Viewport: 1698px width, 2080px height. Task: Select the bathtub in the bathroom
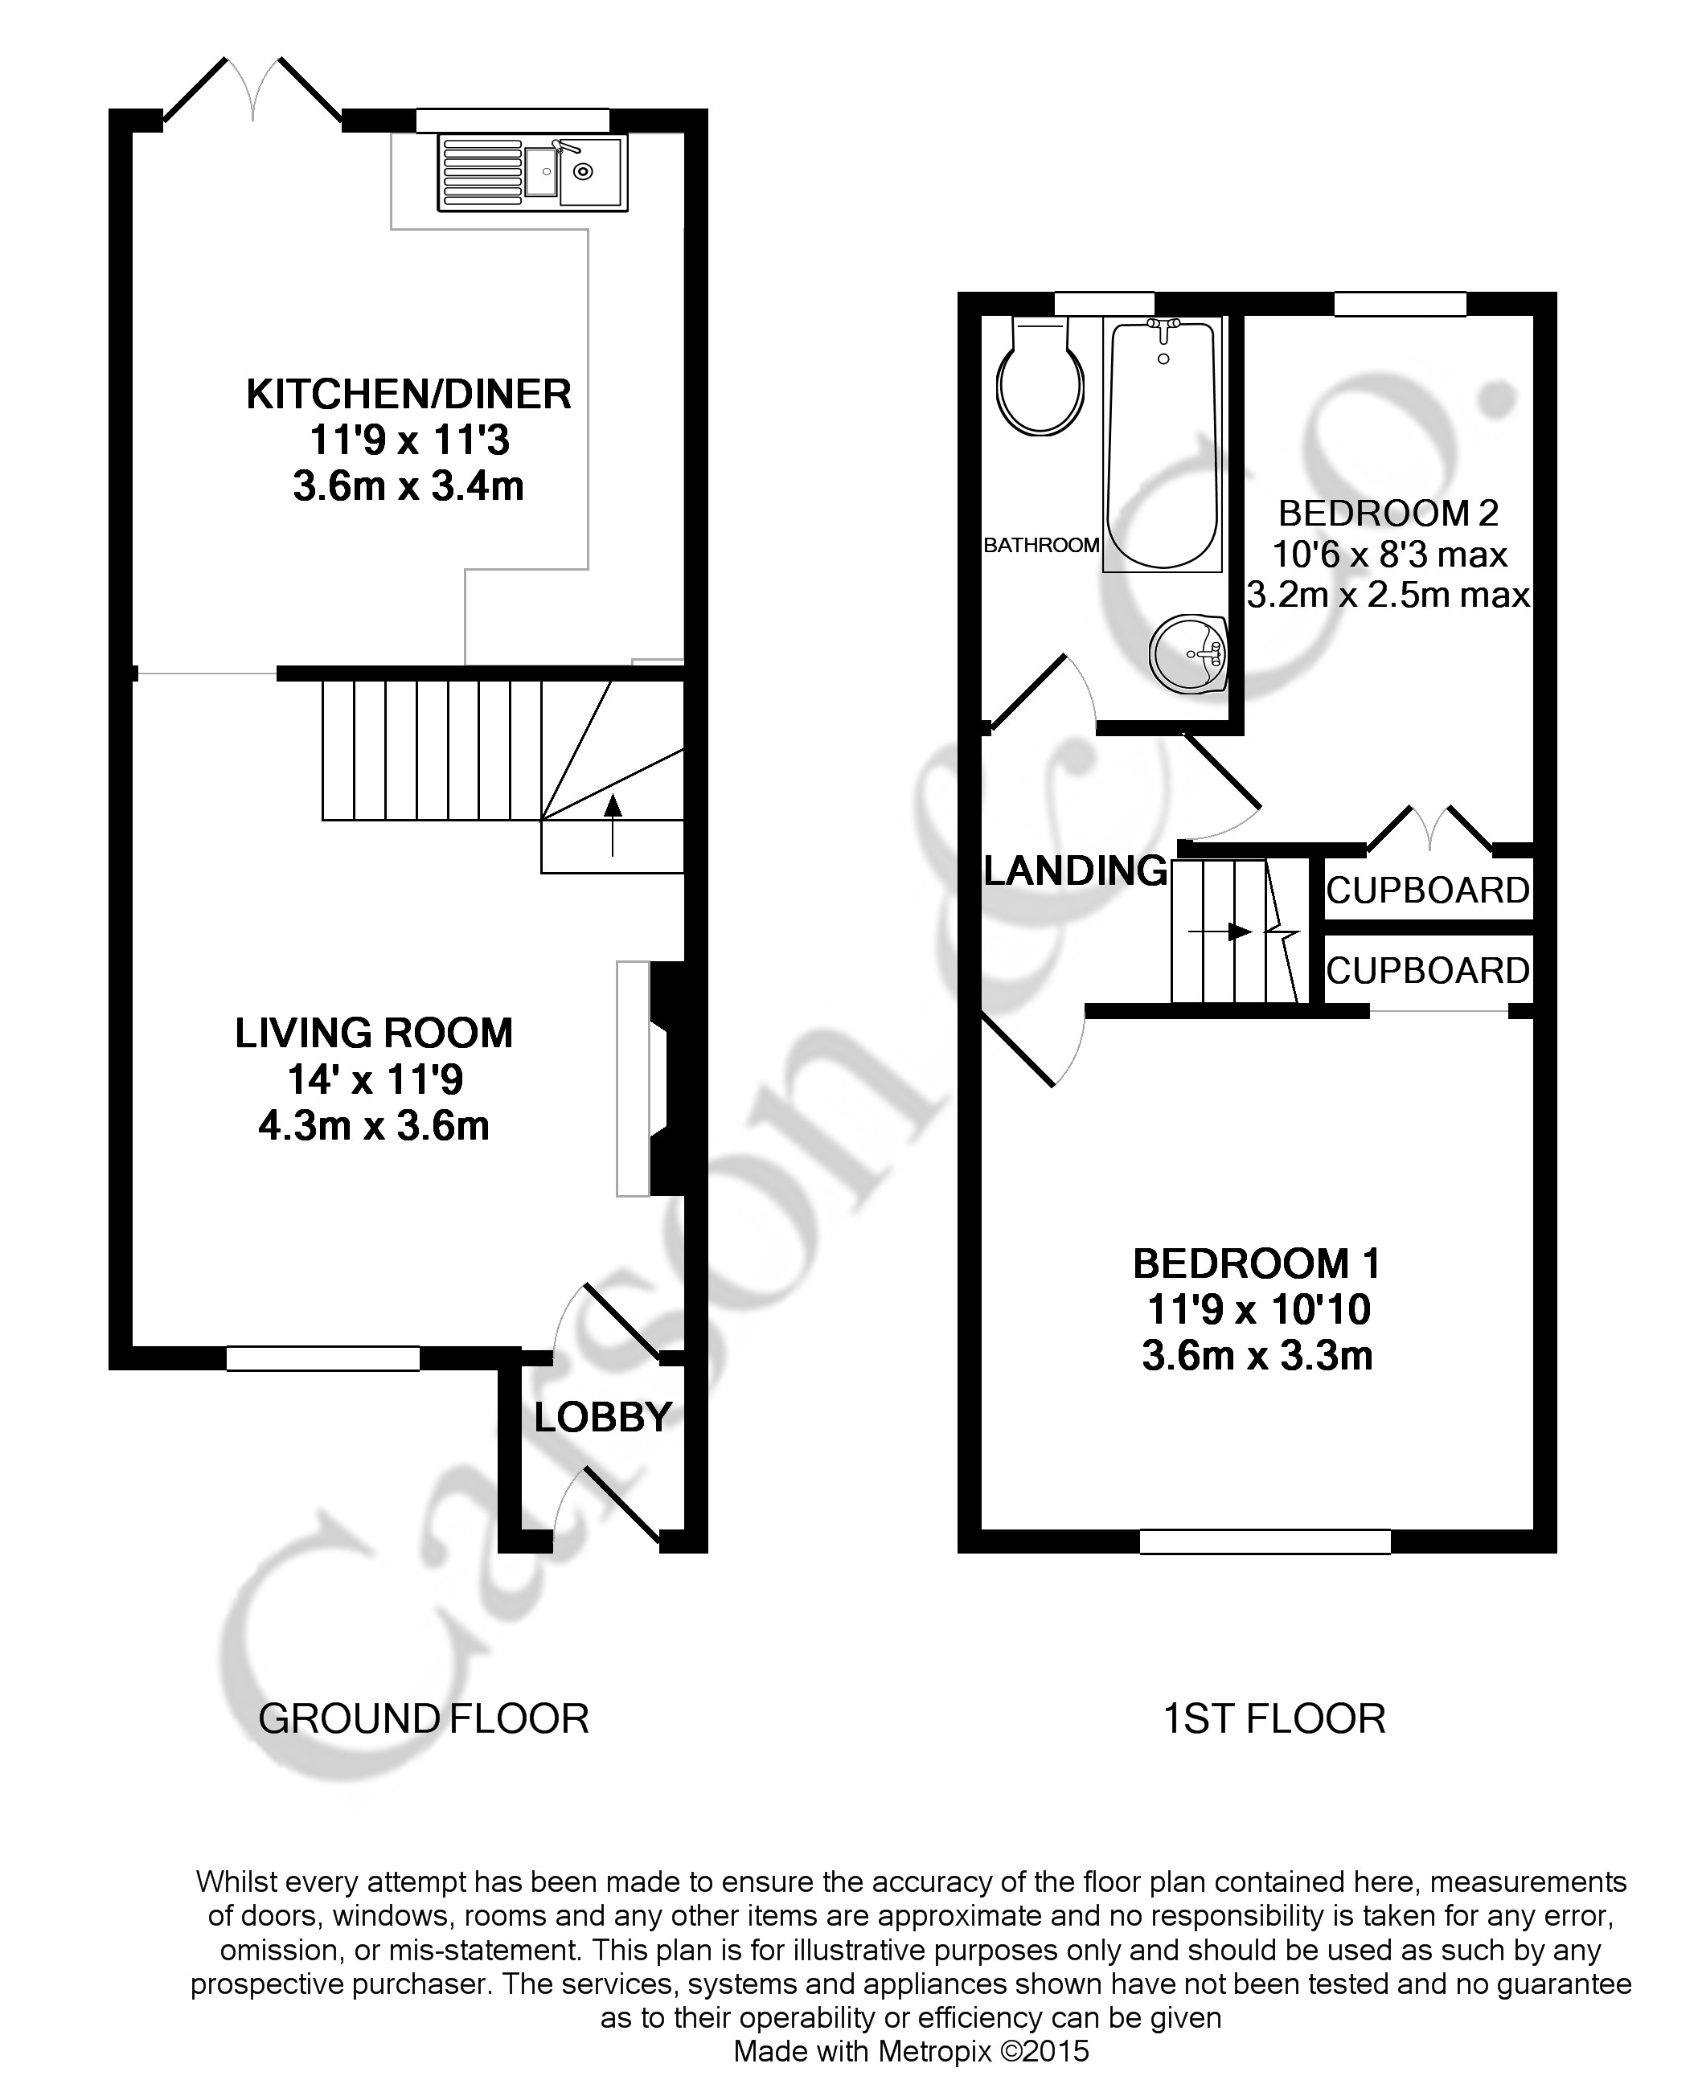[x=1162, y=445]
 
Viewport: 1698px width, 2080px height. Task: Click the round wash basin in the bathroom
[x=1187, y=653]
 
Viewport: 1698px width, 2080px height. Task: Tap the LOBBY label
[x=602, y=1416]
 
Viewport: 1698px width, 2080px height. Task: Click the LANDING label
[x=1075, y=870]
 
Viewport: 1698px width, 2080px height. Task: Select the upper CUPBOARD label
[x=1427, y=891]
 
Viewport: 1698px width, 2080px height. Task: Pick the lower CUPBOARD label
[x=1427, y=971]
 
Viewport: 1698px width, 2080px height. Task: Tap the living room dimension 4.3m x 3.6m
[x=374, y=1127]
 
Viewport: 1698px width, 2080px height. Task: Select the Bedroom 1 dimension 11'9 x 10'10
[x=1258, y=1309]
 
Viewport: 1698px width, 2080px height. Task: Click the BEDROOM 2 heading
[x=1388, y=513]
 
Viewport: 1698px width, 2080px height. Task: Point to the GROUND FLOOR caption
[x=424, y=1718]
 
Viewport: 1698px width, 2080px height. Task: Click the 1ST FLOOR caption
[x=1273, y=1718]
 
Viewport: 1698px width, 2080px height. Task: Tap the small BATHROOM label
[x=1040, y=546]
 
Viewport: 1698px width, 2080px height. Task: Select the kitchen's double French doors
[x=252, y=93]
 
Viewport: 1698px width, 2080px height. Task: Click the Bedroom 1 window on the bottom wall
[x=1265, y=1542]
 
